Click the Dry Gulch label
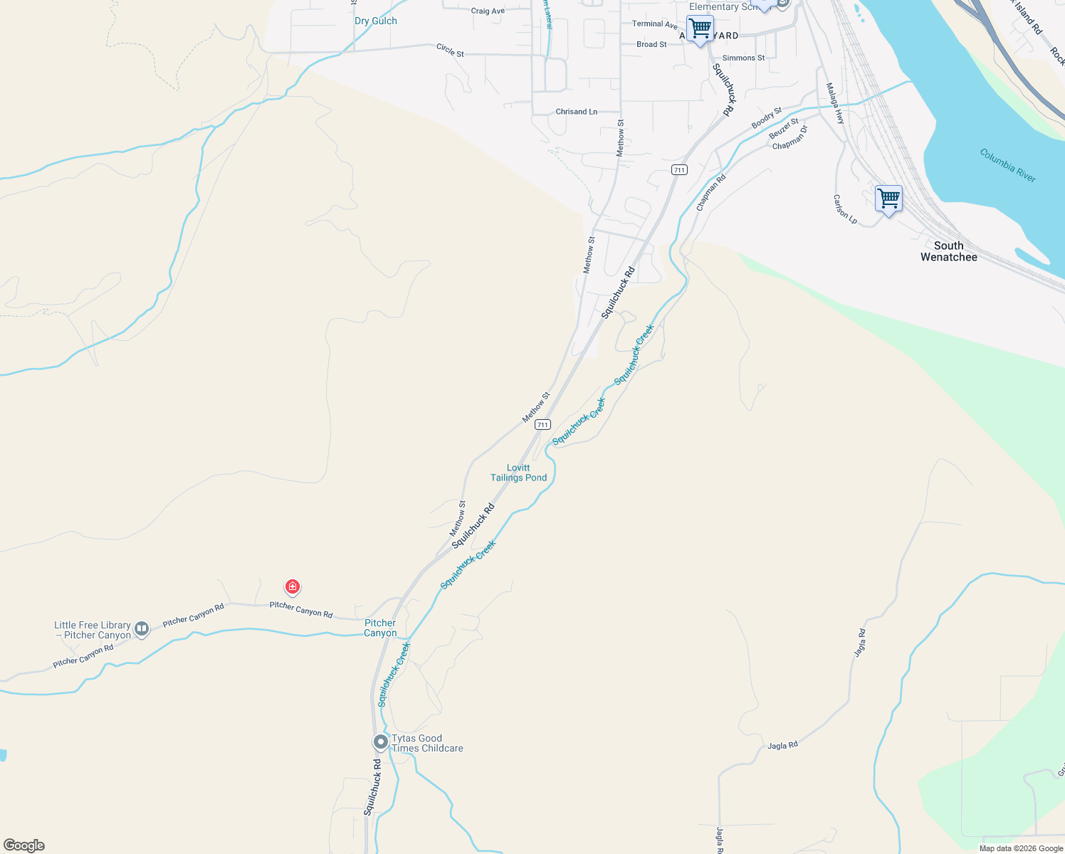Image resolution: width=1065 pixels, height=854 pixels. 376,21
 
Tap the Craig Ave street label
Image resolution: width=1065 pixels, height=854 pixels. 488,11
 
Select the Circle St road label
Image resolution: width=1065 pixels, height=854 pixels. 450,50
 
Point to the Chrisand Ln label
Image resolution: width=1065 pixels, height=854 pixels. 577,112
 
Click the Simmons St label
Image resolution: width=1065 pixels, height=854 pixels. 743,58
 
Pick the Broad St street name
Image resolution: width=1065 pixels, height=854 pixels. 651,44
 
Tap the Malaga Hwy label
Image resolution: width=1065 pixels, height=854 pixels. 835,104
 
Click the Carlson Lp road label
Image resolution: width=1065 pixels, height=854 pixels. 846,209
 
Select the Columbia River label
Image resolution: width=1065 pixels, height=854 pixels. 1007,165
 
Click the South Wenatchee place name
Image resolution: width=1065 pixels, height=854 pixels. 948,251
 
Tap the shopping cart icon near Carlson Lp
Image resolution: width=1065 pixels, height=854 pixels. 888,199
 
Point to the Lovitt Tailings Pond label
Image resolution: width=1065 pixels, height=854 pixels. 518,473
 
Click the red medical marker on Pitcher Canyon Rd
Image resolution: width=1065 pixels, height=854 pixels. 292,587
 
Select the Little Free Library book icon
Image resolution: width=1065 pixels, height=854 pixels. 142,628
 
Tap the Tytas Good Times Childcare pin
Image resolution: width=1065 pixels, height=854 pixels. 381,742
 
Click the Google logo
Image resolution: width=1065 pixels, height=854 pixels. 24,845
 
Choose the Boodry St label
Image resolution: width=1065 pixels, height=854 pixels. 767,118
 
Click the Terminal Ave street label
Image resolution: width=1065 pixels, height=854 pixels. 654,24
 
